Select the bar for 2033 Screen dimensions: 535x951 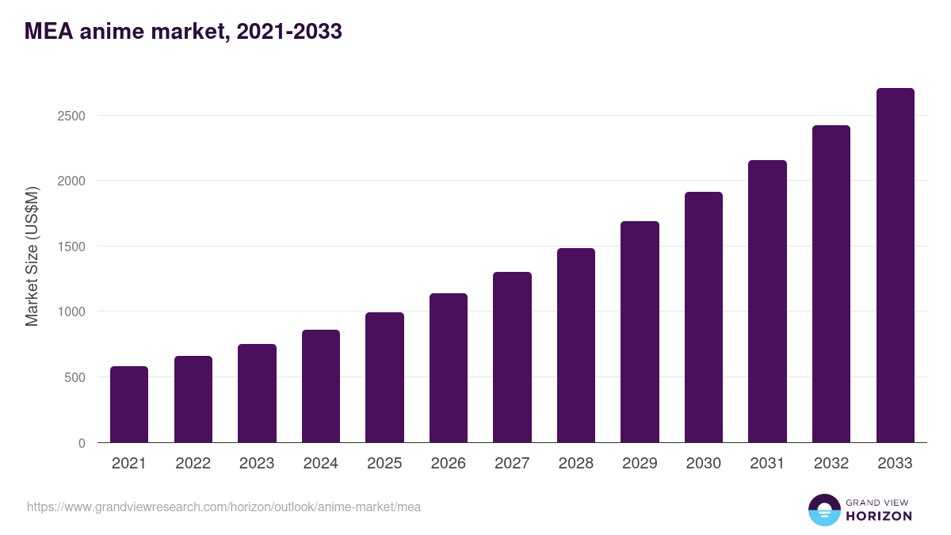click(x=895, y=266)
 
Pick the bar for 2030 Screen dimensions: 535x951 click(x=704, y=317)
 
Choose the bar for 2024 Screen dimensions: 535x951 click(x=321, y=386)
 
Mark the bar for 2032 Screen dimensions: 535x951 click(x=831, y=284)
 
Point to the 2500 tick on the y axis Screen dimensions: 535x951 click(x=71, y=116)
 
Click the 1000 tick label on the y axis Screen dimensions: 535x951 click(x=71, y=311)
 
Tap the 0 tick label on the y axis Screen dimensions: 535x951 click(x=82, y=443)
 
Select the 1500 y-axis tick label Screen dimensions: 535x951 click(x=71, y=246)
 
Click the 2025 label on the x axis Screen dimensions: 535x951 click(x=384, y=464)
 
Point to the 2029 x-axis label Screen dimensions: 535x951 click(x=640, y=464)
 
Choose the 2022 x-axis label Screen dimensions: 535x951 click(x=193, y=464)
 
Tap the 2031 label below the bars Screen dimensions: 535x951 click(x=767, y=464)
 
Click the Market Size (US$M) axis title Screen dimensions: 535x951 click(x=32, y=256)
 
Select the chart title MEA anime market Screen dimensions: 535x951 click(x=183, y=32)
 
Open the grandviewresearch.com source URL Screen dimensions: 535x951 click(x=223, y=506)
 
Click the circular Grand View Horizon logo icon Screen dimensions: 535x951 click(x=824, y=510)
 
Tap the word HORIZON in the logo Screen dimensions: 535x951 click(x=879, y=516)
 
